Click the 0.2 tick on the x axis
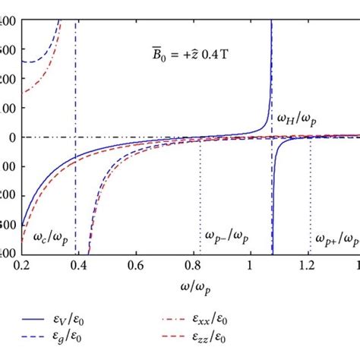click(x=22, y=268)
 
